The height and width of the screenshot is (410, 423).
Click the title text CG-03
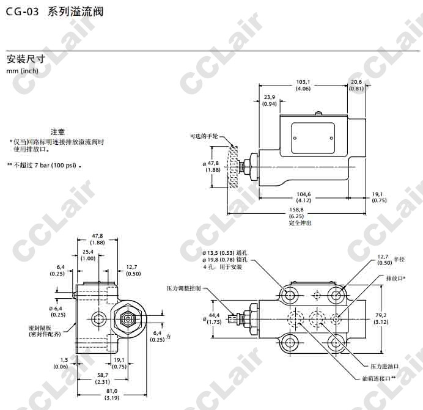22,12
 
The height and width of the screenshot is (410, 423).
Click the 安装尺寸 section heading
26,59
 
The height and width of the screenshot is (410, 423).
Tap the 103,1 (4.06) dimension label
303,85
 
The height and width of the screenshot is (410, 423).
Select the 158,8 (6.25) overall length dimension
296,213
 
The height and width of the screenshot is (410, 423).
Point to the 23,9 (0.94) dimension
270,100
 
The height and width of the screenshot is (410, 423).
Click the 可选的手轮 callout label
204,136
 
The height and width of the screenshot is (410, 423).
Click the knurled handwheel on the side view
233,166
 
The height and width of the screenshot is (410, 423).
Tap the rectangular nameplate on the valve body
313,138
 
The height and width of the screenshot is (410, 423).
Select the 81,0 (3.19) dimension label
112,394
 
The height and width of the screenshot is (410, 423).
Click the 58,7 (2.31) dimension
102,378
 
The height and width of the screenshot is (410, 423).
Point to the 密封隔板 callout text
45,331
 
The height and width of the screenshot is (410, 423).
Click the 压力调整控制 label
184,288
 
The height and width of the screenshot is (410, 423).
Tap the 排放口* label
395,279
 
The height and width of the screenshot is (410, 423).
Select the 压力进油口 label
384,366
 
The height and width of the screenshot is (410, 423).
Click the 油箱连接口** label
379,379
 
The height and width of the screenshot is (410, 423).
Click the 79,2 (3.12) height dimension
381,318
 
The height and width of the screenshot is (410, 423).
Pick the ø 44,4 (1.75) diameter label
212,318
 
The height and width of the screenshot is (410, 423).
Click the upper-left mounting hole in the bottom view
290,295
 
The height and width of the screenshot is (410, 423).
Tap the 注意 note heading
57,132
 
